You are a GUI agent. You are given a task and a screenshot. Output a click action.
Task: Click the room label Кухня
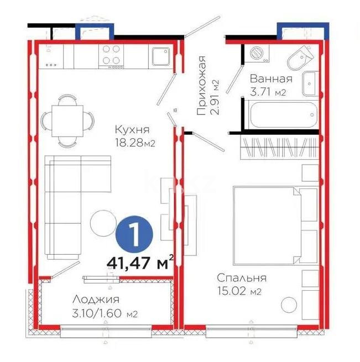point(133,130)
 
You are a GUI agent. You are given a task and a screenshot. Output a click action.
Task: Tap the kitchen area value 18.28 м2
point(133,143)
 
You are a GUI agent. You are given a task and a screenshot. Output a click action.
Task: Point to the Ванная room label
point(270,78)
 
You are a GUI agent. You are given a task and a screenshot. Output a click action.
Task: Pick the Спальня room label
point(242,278)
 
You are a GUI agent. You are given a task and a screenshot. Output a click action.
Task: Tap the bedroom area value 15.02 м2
point(239,291)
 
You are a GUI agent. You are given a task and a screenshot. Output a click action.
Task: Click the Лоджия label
point(96,300)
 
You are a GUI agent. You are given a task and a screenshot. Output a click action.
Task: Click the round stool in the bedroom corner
point(289,306)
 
